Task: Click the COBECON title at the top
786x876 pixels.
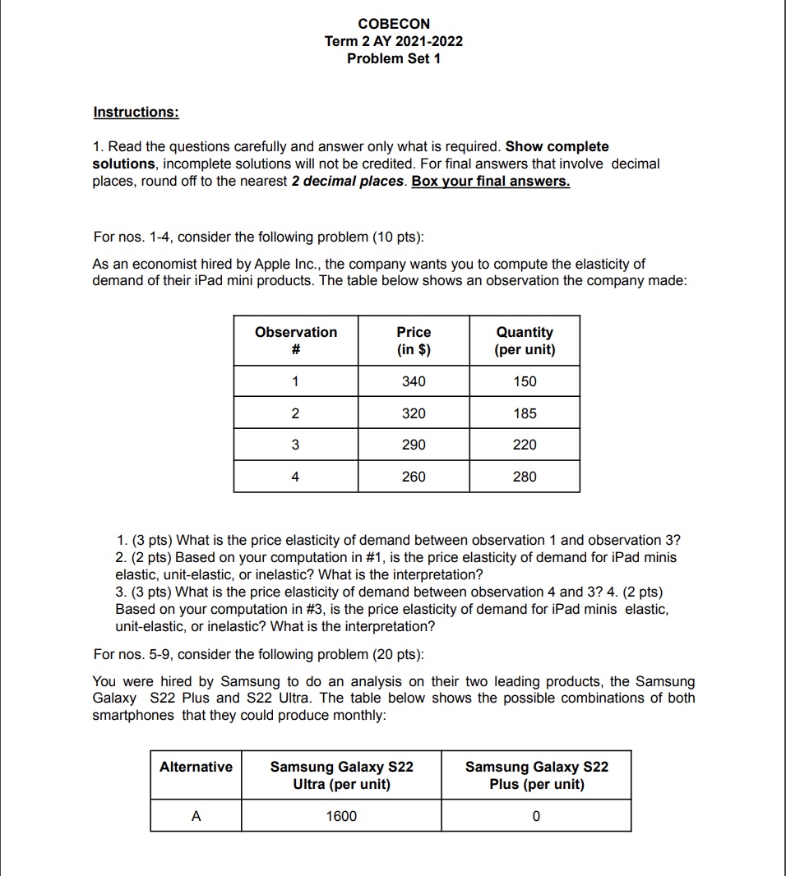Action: point(393,24)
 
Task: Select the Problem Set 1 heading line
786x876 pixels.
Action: point(393,58)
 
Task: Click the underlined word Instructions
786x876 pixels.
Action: point(136,111)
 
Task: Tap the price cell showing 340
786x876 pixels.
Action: point(414,381)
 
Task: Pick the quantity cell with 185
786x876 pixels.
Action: point(525,413)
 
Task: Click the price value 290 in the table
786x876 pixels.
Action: point(414,445)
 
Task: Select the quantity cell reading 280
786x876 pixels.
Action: point(525,477)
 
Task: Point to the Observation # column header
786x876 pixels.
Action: point(296,341)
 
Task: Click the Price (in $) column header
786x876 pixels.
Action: point(414,341)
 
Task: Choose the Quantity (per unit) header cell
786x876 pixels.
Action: point(525,341)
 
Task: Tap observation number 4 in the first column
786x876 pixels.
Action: point(296,477)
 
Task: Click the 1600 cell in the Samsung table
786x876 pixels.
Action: point(341,816)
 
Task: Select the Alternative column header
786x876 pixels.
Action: point(196,767)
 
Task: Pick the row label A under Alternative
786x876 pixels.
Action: point(196,816)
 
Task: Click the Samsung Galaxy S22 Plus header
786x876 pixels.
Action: point(536,775)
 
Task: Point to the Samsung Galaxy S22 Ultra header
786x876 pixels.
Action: point(341,775)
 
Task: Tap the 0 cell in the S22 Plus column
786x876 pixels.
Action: point(536,816)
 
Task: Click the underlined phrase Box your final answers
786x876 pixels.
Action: point(490,181)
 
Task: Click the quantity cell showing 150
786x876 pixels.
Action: point(525,381)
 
